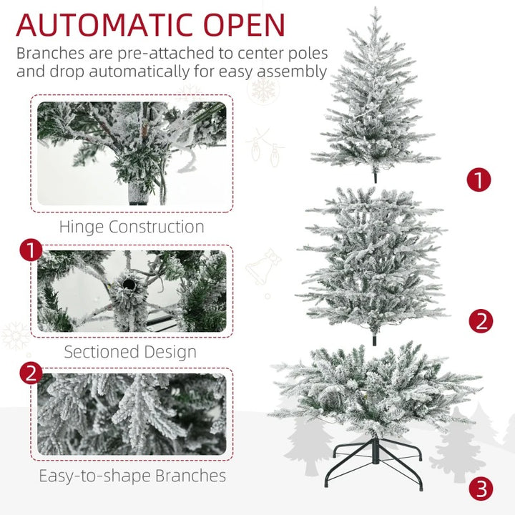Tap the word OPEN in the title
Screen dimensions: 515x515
click(245, 24)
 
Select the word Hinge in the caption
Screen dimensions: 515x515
click(82, 227)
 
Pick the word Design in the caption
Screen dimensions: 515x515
click(170, 351)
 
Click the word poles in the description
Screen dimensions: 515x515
click(308, 53)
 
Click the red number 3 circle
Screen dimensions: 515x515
click(481, 489)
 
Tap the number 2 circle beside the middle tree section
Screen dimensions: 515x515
click(481, 321)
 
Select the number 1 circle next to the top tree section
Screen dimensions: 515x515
click(479, 180)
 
